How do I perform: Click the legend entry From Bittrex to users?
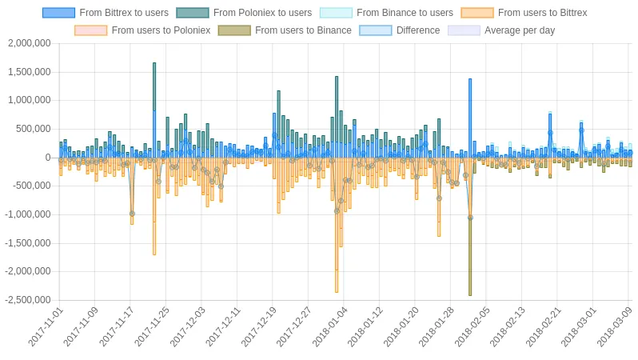click(x=106, y=13)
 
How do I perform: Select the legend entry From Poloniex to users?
click(x=244, y=13)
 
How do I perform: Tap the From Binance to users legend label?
click(x=386, y=13)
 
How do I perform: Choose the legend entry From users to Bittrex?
click(x=524, y=13)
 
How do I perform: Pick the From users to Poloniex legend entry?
click(x=142, y=30)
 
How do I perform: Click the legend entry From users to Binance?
click(x=285, y=30)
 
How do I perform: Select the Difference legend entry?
click(x=400, y=30)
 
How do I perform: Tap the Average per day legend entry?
click(x=501, y=30)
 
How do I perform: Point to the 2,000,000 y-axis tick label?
click(x=30, y=43)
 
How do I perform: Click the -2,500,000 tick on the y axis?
click(x=28, y=300)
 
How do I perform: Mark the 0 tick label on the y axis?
click(x=48, y=158)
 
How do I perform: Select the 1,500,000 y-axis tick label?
click(x=30, y=72)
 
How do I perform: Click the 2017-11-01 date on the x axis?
click(x=46, y=327)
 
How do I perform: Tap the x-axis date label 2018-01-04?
click(x=330, y=327)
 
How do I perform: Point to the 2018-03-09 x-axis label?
click(x=615, y=327)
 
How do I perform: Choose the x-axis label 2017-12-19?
click(x=259, y=327)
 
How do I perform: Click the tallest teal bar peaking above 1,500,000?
click(x=154, y=86)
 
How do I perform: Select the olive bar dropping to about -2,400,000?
click(x=470, y=257)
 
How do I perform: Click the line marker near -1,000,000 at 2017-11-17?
click(x=132, y=214)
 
